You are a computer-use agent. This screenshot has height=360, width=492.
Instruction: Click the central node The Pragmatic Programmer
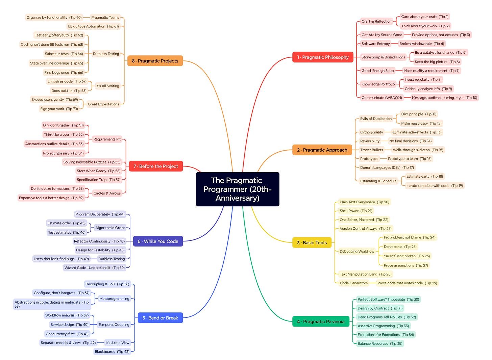pyautogui.click(x=237, y=189)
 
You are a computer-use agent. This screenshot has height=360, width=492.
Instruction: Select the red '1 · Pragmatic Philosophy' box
pyautogui.click(x=322, y=57)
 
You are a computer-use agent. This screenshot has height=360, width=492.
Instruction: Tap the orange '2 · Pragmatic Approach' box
pyautogui.click(x=322, y=150)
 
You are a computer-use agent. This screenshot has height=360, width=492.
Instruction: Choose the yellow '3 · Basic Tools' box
pyautogui.click(x=312, y=242)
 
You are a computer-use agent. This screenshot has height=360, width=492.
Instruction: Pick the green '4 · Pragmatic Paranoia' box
pyautogui.click(x=320, y=322)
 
